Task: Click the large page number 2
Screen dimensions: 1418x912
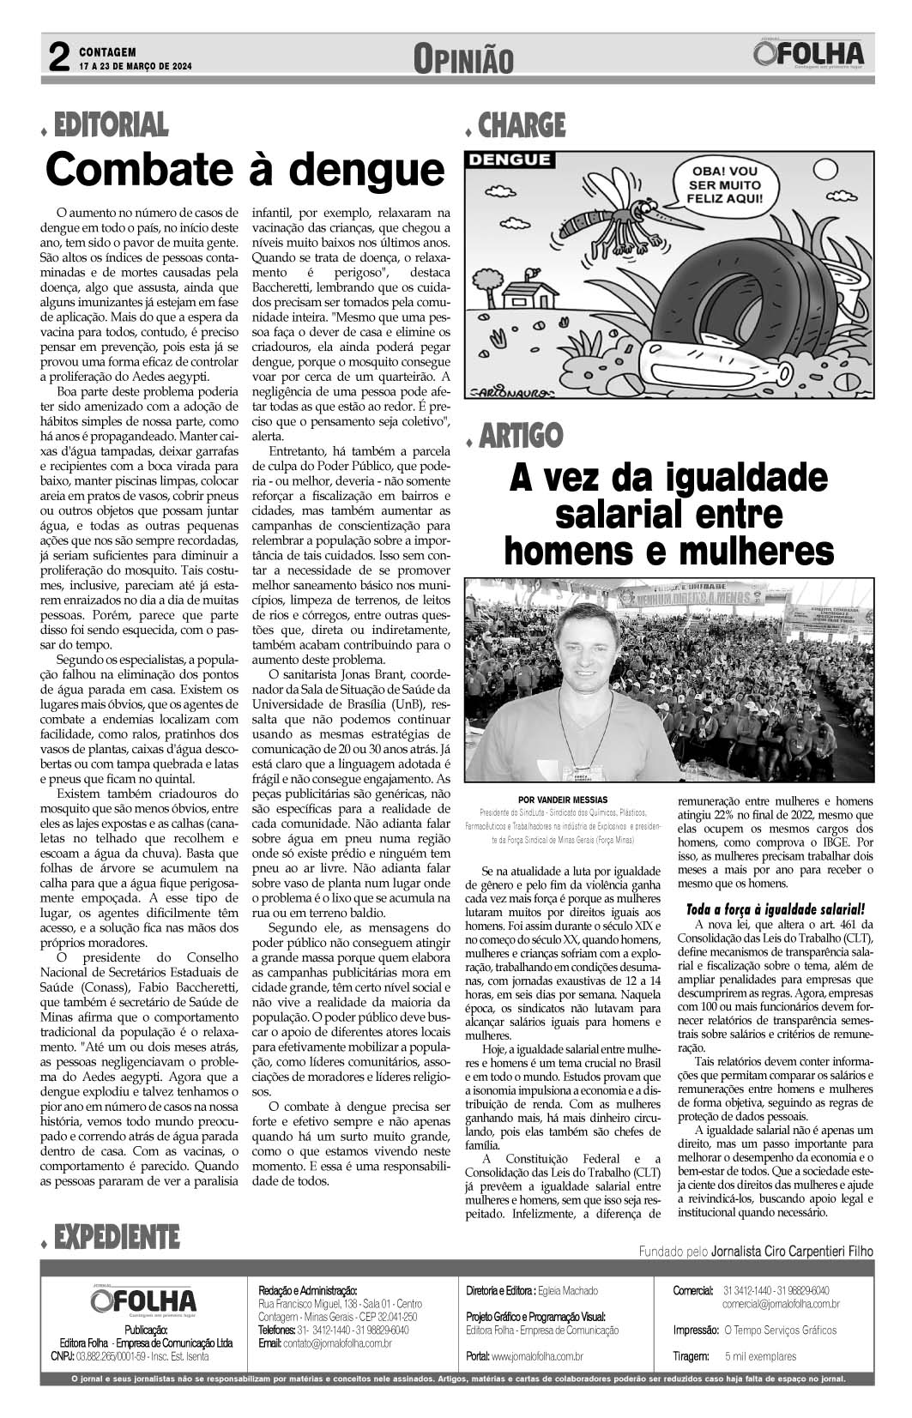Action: click(x=58, y=59)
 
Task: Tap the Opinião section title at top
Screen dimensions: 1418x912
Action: click(x=463, y=60)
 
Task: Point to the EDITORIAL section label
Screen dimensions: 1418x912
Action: click(x=111, y=125)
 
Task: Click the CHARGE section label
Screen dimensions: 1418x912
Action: click(x=522, y=125)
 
